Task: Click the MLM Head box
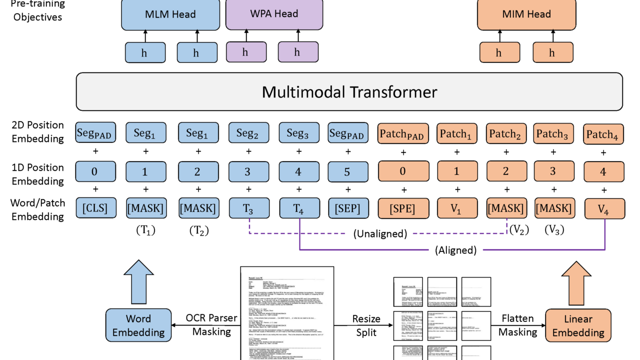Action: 170,15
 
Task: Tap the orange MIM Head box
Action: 526,14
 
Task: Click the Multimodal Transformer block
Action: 349,91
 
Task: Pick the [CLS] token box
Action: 94,208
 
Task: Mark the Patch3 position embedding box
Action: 553,134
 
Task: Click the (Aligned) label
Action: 456,250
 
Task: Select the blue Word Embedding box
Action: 138,325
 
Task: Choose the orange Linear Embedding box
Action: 578,325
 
